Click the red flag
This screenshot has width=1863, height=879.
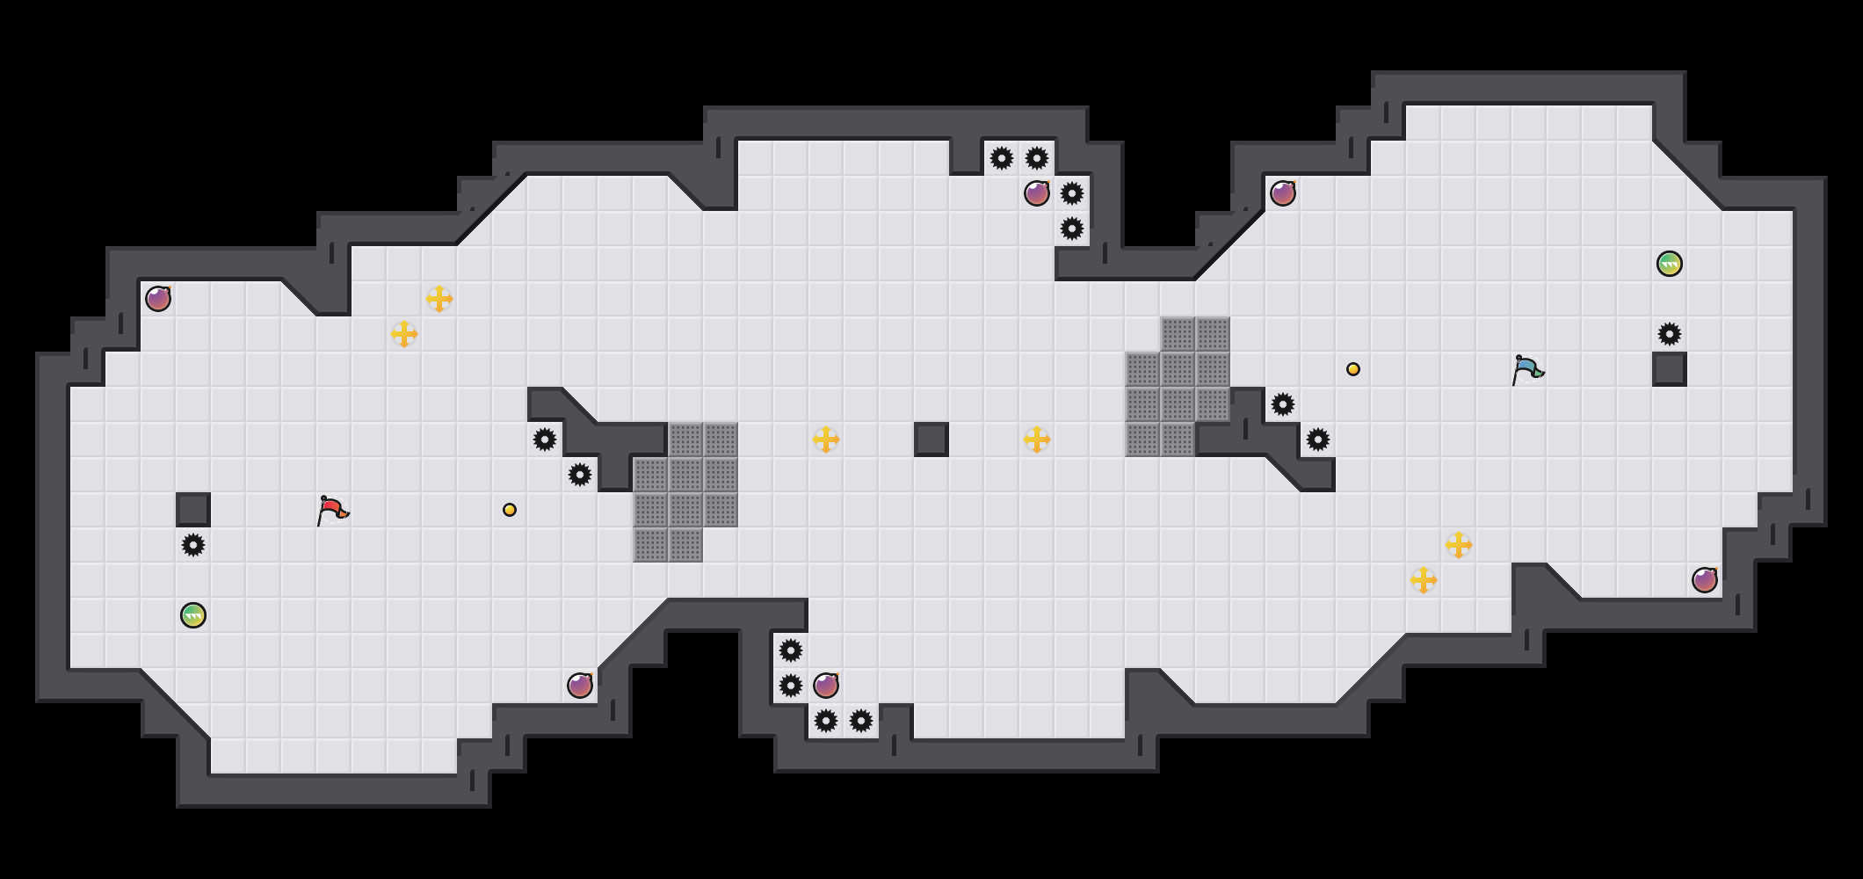[x=332, y=510]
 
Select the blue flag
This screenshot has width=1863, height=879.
[x=1527, y=369]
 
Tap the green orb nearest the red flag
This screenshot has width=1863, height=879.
[x=193, y=615]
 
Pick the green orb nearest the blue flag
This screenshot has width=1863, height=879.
[x=1670, y=264]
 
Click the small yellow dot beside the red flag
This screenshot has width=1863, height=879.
[x=510, y=510]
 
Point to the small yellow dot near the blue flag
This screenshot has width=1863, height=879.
[x=1353, y=369]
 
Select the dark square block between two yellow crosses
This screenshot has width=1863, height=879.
[x=931, y=439]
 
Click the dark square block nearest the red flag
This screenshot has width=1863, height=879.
[x=193, y=510]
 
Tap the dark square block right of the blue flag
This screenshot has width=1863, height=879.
[x=1670, y=369]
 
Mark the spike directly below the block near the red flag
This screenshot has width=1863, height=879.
[x=193, y=545]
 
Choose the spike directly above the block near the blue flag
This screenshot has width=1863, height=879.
[x=1670, y=334]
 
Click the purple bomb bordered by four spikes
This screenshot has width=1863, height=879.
[x=1037, y=193]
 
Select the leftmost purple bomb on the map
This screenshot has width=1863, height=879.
[x=158, y=299]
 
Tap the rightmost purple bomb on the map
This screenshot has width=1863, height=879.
[x=1705, y=580]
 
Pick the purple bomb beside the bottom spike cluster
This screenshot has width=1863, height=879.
[x=826, y=686]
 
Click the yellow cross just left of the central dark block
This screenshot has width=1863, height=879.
[x=826, y=439]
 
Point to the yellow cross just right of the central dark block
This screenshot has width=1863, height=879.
[x=1037, y=439]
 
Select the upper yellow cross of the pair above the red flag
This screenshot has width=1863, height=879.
[x=439, y=299]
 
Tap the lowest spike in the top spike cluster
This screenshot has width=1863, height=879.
[x=1072, y=229]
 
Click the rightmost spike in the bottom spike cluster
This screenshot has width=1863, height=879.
[x=861, y=721]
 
